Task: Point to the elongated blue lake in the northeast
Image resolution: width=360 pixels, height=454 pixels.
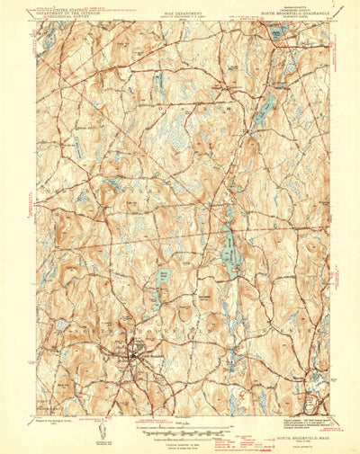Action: pyautogui.click(x=264, y=106)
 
